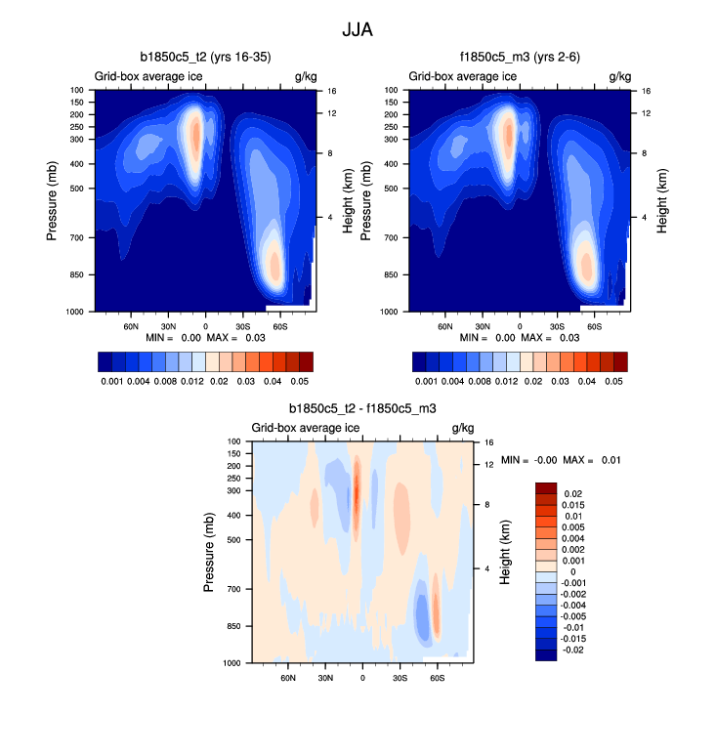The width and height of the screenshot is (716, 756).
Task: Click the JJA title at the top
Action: click(x=357, y=30)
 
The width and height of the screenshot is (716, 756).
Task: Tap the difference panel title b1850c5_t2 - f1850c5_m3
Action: click(x=361, y=409)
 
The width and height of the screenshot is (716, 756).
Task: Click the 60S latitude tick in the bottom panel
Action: click(x=437, y=676)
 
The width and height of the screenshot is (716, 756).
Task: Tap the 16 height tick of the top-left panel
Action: click(x=331, y=90)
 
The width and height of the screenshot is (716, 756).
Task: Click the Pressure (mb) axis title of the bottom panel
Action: click(x=209, y=552)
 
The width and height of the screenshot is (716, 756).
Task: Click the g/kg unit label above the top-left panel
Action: click(x=304, y=75)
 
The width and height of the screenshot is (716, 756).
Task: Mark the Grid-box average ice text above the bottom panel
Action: click(x=306, y=428)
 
